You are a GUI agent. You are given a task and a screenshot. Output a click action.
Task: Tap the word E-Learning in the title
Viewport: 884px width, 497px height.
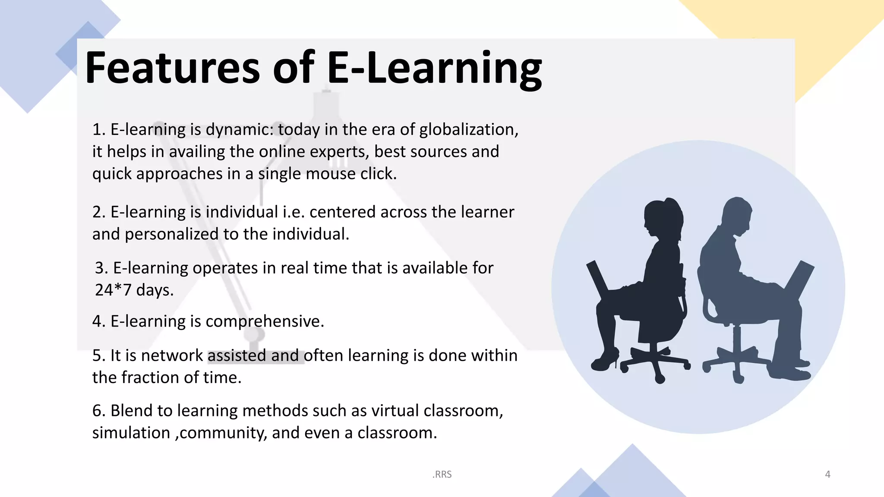pos(434,68)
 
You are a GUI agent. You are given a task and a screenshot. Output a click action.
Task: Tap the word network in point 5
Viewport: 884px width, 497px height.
pos(171,355)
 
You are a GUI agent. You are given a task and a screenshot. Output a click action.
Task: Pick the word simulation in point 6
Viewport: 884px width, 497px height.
pos(131,433)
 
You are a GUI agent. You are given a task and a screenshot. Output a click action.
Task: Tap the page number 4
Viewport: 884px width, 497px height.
pos(827,475)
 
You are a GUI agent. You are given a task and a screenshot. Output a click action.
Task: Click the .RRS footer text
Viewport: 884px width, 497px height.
pos(442,475)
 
